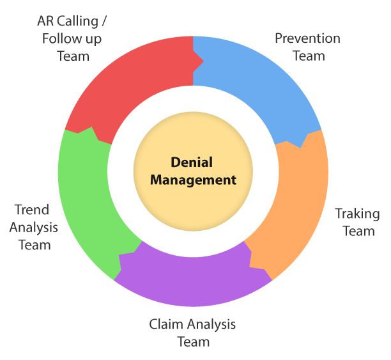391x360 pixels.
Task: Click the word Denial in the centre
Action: point(192,163)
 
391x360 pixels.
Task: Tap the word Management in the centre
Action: point(193,180)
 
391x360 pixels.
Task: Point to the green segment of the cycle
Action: point(83,192)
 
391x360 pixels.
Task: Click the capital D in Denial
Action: point(175,163)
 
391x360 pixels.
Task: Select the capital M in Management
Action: point(157,180)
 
